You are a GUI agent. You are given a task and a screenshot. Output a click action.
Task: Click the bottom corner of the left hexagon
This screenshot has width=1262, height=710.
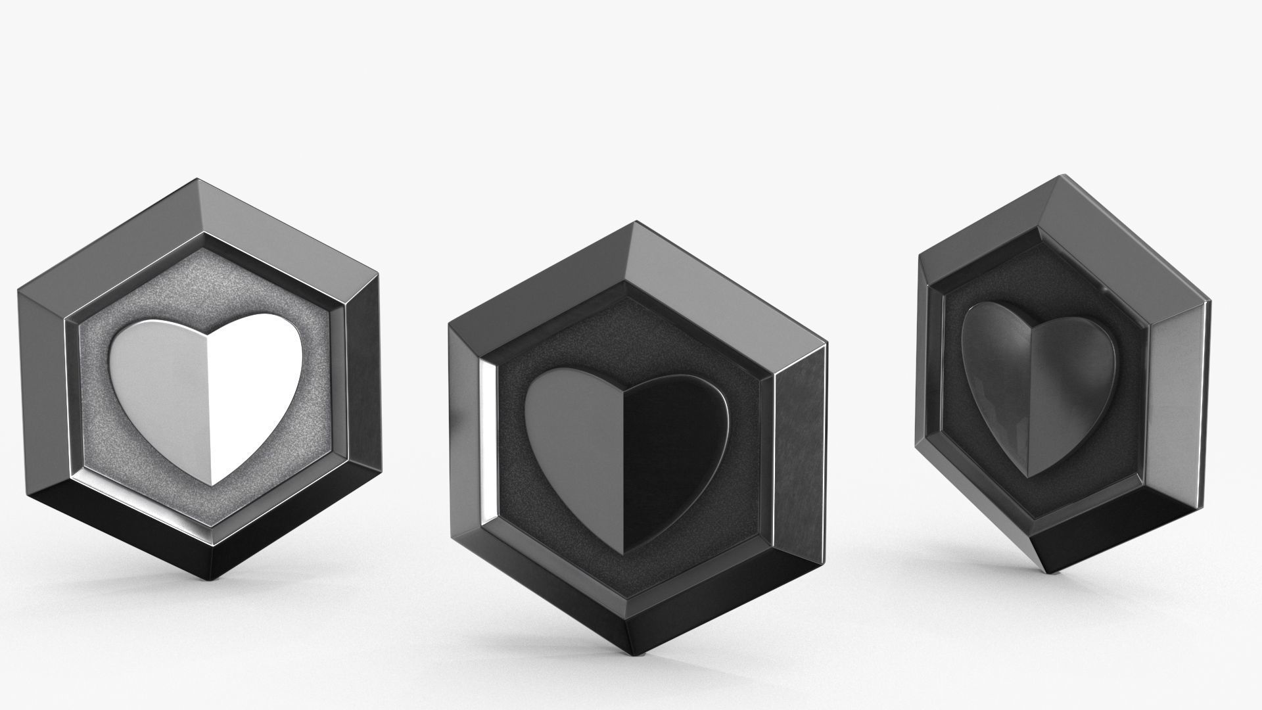click(212, 579)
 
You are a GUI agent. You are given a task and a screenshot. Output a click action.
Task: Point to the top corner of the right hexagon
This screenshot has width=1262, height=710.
click(1060, 175)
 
